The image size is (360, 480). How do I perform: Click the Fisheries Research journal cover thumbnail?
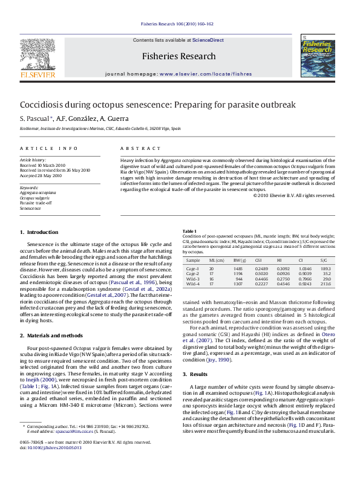pyautogui.click(x=319, y=57)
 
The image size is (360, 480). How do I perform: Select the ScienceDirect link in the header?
pyautogui.click(x=208, y=40)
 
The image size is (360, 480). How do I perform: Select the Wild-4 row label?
pyautogui.click(x=193, y=284)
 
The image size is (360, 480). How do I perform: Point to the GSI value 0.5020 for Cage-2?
pyautogui.click(x=262, y=273)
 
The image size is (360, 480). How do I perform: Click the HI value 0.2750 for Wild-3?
pyautogui.click(x=283, y=279)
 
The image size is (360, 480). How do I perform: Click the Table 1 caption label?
pyautogui.click(x=189, y=231)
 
